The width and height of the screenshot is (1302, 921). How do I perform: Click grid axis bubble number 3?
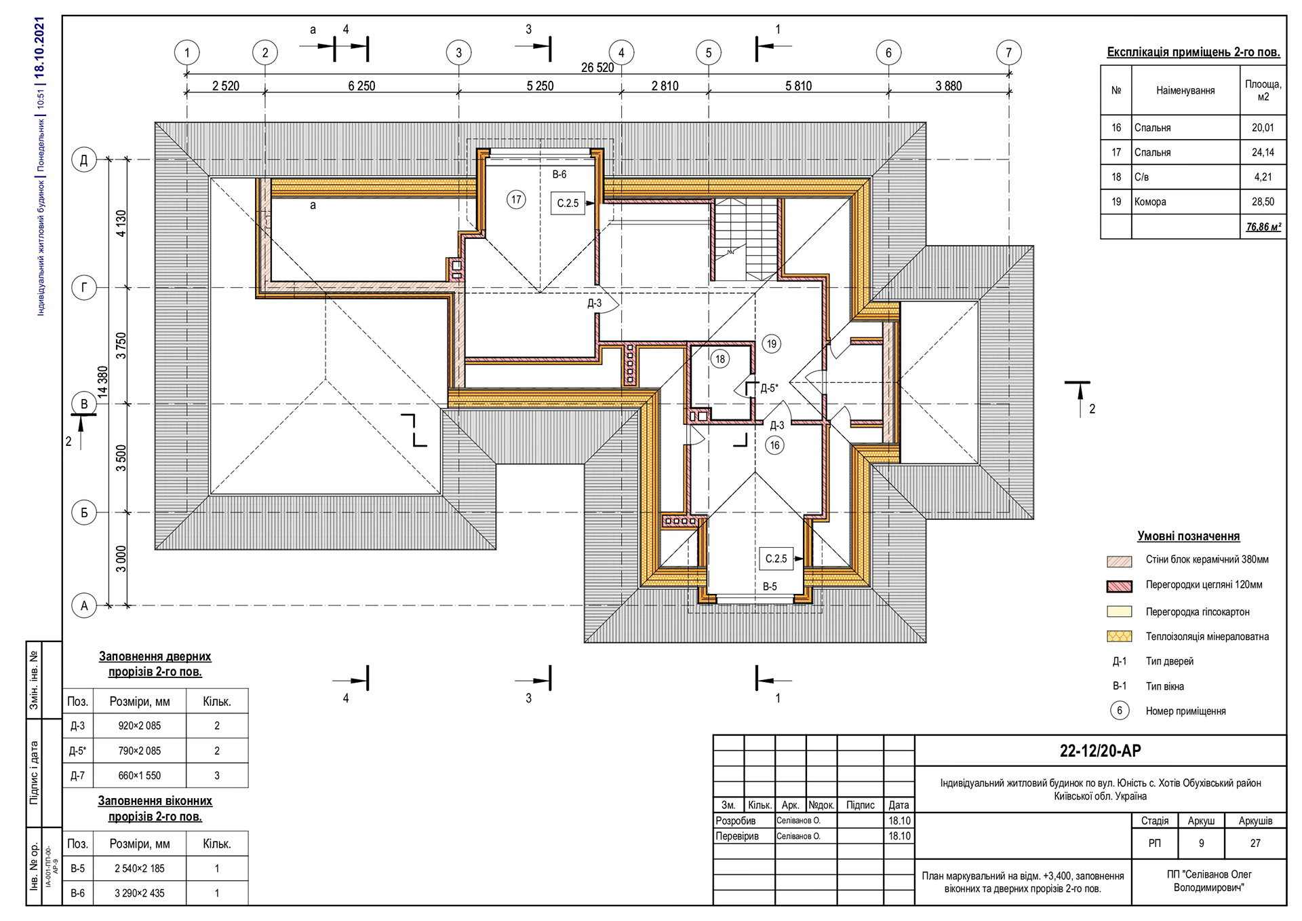(458, 52)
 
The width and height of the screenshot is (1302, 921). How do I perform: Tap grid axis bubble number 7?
(1008, 52)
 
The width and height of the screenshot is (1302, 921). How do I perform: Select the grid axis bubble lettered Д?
(84, 160)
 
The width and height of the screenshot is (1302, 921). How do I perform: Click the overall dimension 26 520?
(597, 67)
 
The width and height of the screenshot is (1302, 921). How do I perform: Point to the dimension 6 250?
(361, 86)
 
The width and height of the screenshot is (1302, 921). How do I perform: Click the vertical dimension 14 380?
(103, 381)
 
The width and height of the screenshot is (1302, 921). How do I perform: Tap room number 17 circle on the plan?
(516, 200)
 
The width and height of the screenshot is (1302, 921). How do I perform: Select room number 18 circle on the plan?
(719, 359)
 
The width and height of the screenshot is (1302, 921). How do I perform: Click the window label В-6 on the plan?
(559, 174)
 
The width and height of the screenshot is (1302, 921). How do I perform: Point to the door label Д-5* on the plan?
(769, 388)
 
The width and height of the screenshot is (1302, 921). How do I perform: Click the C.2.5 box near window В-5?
(776, 559)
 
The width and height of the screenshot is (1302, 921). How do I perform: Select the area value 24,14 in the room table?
(1262, 153)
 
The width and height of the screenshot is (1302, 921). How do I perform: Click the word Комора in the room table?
(1150, 202)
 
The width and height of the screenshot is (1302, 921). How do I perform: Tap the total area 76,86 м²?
(1263, 227)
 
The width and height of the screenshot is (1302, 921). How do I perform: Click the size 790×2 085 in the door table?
(139, 751)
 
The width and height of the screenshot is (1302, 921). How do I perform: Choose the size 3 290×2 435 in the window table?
(139, 893)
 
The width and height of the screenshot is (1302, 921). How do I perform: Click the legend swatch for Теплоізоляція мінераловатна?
(1119, 637)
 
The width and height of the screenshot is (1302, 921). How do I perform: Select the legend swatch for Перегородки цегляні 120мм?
(1119, 585)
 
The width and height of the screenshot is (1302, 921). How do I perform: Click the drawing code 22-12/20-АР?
(1100, 751)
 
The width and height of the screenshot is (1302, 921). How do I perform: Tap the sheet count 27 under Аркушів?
(1255, 843)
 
